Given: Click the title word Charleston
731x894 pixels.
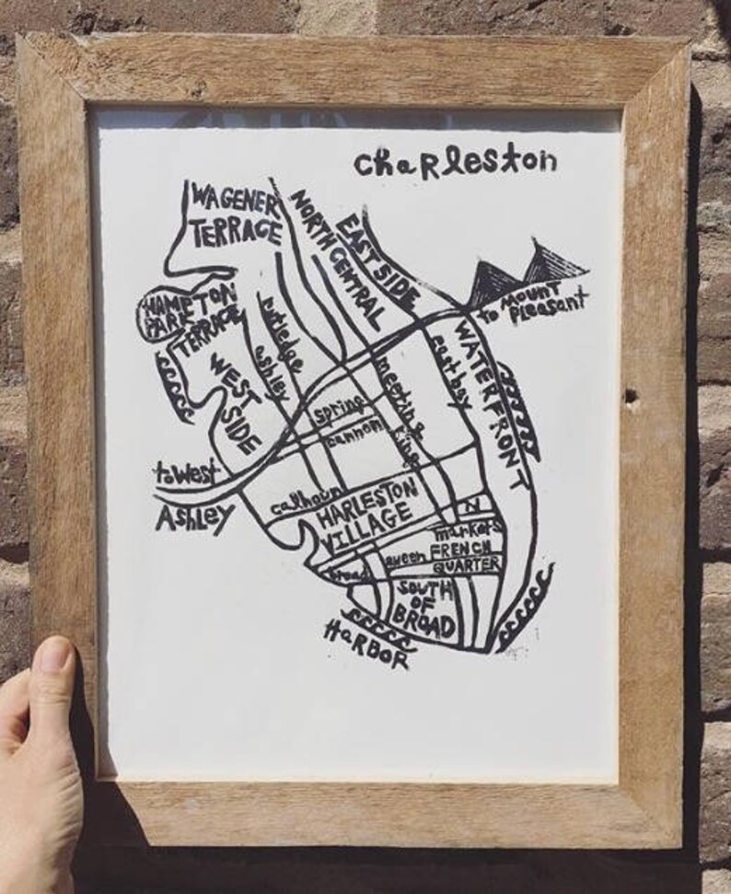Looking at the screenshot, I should [455, 162].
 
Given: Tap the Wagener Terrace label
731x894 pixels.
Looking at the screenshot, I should [235, 213].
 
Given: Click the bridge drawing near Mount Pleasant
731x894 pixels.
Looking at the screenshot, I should [528, 267].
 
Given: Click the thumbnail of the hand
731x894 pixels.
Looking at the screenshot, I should [54, 656].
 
